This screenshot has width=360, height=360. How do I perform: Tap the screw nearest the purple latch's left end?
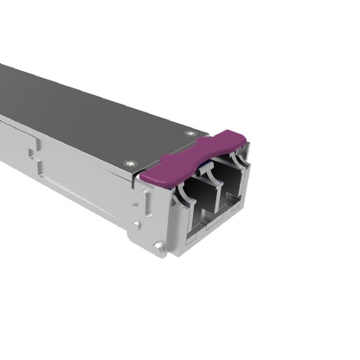(131, 162)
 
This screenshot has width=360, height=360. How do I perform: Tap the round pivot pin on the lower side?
(157, 247)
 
